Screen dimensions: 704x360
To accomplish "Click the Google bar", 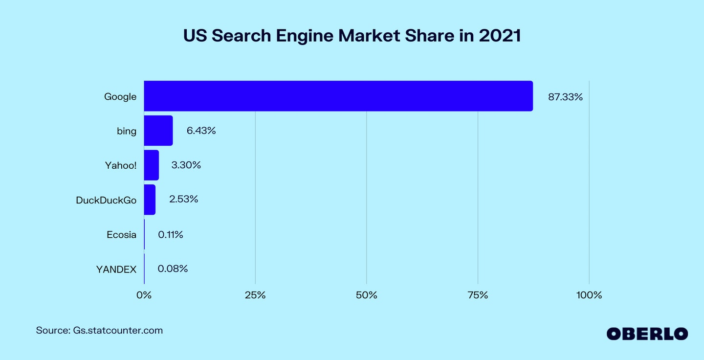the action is pos(338,96).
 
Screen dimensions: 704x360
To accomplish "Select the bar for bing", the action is pos(158,131).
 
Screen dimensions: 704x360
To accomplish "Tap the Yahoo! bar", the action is pos(152,165).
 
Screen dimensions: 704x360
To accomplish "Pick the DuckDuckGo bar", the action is pos(150,200).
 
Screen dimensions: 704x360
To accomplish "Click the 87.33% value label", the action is pos(565,97).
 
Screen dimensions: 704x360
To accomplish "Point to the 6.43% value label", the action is pos(201,131).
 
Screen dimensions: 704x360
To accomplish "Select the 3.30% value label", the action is pos(186,165).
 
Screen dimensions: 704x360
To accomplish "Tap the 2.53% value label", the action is pos(183,199).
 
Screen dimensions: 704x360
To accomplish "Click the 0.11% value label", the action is pos(170,235).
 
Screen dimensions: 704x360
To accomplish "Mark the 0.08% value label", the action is pos(173,269).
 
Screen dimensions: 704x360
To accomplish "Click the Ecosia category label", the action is pos(121,235).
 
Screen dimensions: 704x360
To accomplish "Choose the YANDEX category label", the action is pos(116,270).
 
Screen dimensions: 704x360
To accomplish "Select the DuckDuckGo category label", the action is pos(106,200).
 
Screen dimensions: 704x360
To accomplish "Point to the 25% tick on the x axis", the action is pos(255,295).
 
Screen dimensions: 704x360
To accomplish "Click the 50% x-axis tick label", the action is pos(367,295).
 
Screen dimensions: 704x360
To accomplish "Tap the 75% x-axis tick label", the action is pos(478,295).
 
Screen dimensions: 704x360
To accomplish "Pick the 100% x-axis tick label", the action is pos(589,295).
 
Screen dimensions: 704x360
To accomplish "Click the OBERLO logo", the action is pos(647,334).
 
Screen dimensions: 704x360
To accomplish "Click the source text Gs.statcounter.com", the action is pos(118,331).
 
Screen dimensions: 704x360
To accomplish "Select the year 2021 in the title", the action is pos(500,36).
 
